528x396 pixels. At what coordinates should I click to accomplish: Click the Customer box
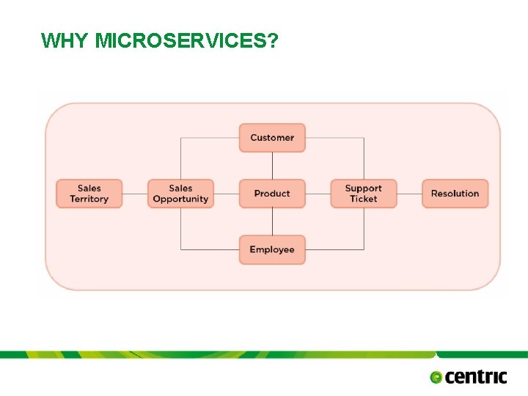[272, 138]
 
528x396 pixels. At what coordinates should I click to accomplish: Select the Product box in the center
[272, 194]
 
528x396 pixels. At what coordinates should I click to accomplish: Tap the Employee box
[272, 250]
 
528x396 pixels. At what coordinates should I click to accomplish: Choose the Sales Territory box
[89, 194]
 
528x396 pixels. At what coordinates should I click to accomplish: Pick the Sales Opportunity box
[180, 194]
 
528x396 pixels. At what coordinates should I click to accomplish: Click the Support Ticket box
[364, 194]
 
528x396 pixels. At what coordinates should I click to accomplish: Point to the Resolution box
[455, 194]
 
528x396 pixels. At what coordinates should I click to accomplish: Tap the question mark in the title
[273, 40]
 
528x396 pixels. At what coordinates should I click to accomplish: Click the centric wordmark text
[476, 377]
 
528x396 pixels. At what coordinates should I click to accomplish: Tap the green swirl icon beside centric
[436, 378]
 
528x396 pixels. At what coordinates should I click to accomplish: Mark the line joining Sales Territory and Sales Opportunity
[134, 194]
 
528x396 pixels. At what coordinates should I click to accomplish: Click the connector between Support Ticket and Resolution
[409, 194]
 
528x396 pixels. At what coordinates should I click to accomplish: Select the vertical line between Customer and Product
[272, 166]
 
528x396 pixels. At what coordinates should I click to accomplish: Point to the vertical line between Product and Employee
[272, 221]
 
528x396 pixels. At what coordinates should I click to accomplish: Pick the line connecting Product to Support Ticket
[318, 194]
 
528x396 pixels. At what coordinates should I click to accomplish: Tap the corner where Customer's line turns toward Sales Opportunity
[180, 138]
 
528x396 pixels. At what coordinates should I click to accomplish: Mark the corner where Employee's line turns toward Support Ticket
[364, 250]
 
